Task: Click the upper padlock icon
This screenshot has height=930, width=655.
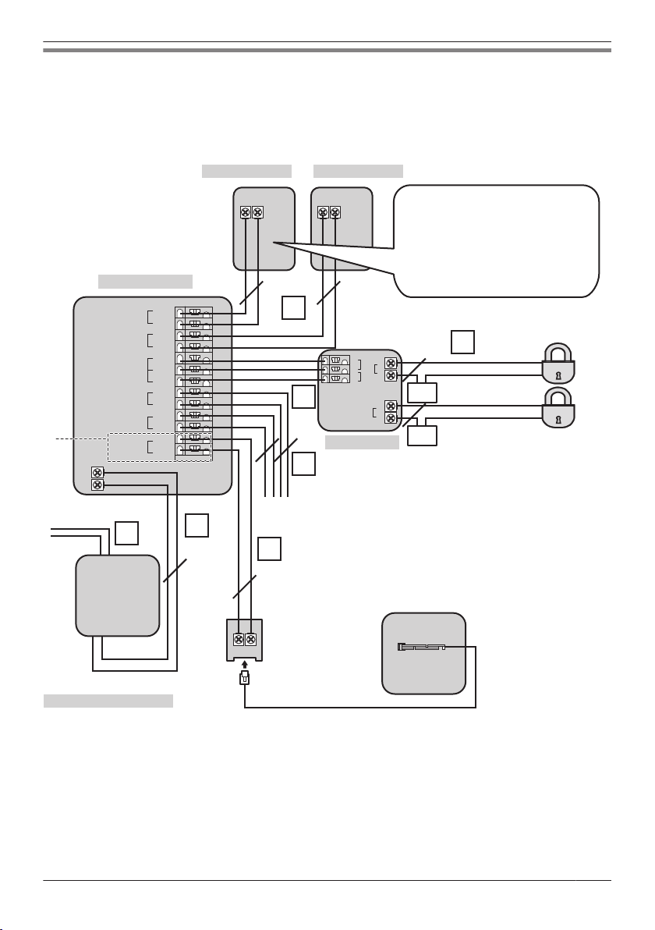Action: [x=558, y=364]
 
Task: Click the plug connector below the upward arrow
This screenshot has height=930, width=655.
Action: [x=244, y=679]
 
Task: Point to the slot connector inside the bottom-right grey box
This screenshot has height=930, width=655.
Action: [x=421, y=647]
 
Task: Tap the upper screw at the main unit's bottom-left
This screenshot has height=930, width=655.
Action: [x=97, y=473]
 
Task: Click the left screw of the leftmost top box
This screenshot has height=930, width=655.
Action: [x=245, y=212]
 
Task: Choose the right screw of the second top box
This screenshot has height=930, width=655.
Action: [x=335, y=212]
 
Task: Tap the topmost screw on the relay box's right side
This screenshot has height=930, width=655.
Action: [x=390, y=364]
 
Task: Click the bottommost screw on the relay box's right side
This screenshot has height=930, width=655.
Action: [x=390, y=419]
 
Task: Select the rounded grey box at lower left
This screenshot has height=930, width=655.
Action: [x=117, y=595]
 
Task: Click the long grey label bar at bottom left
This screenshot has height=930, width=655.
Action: [x=108, y=701]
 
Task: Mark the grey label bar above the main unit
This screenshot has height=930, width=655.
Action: [x=145, y=281]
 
